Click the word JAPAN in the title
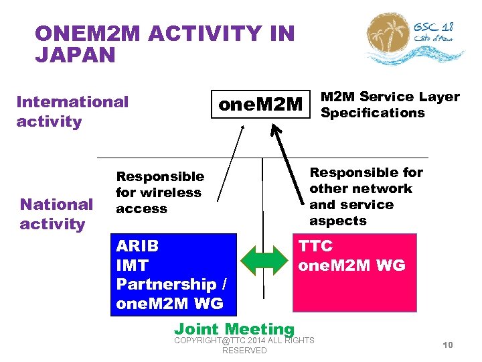(75, 55)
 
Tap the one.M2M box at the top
(262, 105)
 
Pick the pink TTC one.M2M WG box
(355, 274)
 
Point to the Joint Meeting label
(234, 328)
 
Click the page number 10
(448, 345)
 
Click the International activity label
(72, 111)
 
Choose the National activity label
(56, 214)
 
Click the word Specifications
(373, 113)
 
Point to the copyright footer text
(244, 345)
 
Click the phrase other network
(360, 188)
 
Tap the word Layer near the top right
(440, 97)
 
